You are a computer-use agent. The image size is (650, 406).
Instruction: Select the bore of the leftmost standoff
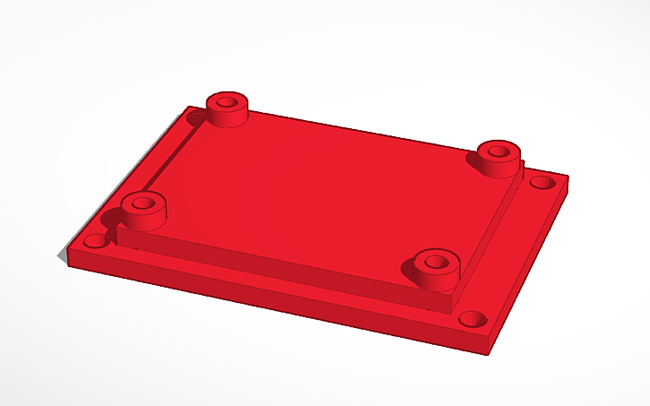click(142, 203)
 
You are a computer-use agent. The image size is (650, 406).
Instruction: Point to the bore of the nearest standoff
click(436, 262)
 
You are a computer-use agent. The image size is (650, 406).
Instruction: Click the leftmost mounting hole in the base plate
click(93, 242)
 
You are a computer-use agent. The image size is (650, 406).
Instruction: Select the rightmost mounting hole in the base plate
click(540, 183)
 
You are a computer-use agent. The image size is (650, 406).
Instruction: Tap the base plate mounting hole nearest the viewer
click(472, 318)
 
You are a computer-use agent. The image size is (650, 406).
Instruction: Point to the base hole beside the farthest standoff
click(196, 118)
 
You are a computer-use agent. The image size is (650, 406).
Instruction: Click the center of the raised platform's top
click(314, 193)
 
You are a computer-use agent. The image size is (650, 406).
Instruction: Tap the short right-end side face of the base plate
click(534, 269)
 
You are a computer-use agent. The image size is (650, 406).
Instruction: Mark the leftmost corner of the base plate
click(65, 254)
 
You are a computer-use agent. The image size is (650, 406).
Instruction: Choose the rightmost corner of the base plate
click(568, 177)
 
